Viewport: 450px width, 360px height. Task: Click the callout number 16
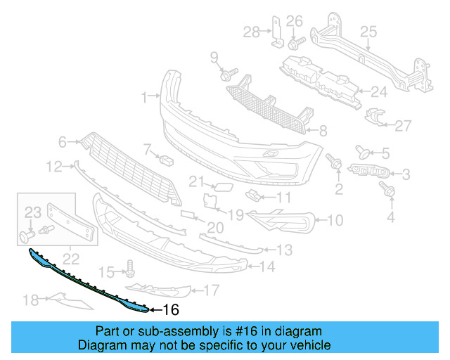click(171, 309)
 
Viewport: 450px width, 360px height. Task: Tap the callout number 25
click(369, 32)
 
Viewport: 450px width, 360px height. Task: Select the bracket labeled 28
click(276, 32)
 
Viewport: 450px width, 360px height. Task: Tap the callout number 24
click(380, 91)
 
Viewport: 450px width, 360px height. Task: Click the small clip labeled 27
click(378, 117)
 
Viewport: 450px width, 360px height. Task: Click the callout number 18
click(30, 301)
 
